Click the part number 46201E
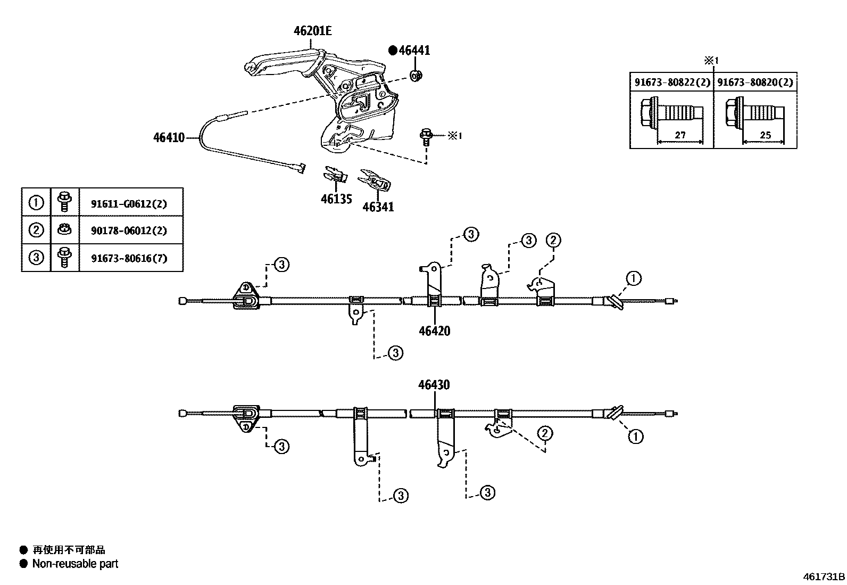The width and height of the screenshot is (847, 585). [312, 31]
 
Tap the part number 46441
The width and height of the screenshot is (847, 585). [414, 51]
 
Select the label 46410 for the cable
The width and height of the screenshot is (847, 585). [169, 138]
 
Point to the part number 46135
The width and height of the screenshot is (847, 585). [336, 200]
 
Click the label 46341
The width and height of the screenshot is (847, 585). [378, 207]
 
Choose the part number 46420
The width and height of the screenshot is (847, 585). [434, 331]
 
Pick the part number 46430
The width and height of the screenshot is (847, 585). [434, 385]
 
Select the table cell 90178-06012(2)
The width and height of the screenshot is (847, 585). [129, 230]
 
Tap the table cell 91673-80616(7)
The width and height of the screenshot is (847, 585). [129, 258]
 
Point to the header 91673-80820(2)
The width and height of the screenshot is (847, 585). [755, 83]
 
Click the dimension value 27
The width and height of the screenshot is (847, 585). [680, 135]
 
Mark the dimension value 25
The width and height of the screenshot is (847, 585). [765, 135]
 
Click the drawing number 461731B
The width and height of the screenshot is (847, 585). [824, 576]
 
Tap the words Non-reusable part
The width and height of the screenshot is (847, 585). [75, 564]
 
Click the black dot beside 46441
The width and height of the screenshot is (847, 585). [393, 51]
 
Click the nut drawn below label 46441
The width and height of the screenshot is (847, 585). [416, 75]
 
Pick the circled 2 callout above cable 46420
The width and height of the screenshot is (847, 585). [553, 241]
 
